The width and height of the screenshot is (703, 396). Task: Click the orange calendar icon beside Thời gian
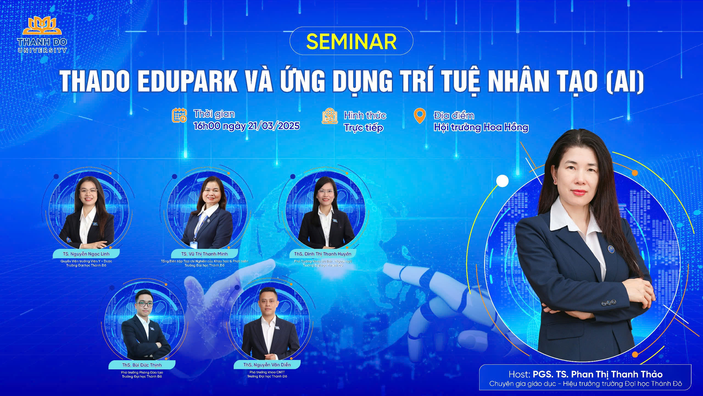[179, 115]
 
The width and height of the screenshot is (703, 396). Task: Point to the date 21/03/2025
[274, 126]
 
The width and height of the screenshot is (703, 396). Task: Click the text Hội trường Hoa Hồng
[481, 127]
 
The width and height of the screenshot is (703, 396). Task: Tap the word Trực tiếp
[364, 128]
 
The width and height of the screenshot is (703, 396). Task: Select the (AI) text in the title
[625, 81]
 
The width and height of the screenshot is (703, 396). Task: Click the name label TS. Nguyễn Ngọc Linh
[86, 254]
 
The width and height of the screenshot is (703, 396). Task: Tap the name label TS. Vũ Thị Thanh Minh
[204, 254]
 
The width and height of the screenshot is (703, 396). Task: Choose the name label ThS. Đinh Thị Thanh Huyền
[323, 254]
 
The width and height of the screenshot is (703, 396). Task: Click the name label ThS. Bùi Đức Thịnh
[142, 365]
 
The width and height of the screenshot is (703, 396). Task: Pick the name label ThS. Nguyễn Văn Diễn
[267, 365]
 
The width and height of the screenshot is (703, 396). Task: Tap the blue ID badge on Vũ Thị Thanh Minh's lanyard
[194, 244]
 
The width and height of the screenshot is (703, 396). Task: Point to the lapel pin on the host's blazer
[610, 249]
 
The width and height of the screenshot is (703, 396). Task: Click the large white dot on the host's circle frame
[503, 181]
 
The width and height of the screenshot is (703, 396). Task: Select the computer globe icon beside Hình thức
[330, 116]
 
